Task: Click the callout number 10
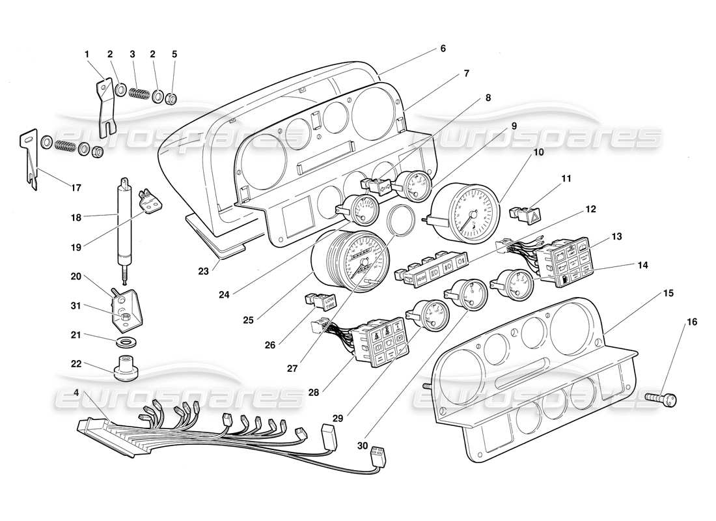[x=538, y=152]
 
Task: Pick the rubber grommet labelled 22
[x=127, y=369]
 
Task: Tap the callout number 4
[x=77, y=393]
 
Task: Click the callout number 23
[x=204, y=271]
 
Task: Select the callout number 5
[x=174, y=55]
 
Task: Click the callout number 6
[x=443, y=48]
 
